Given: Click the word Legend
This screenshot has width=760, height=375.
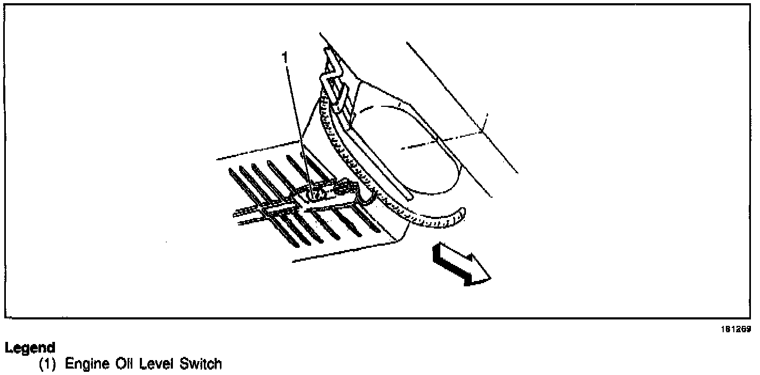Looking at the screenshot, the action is (30, 348).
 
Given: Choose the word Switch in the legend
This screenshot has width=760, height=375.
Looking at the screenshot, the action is (200, 364).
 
